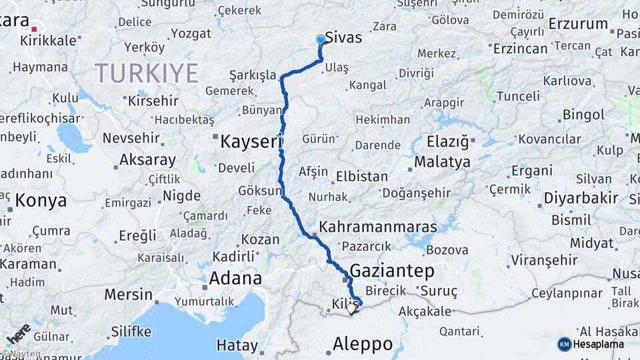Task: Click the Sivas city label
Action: click(344, 38)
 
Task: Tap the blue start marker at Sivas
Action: click(321, 40)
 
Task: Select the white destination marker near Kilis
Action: click(352, 308)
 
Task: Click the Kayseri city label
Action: click(251, 141)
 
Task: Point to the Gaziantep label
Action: click(391, 271)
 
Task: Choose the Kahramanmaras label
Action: click(378, 227)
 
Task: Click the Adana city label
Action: click(235, 278)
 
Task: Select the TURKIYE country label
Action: click(146, 73)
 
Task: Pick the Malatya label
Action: click(442, 162)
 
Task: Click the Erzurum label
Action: click(578, 25)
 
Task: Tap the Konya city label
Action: click(41, 200)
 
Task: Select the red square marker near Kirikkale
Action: click(34, 29)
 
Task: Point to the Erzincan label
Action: click(520, 49)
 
